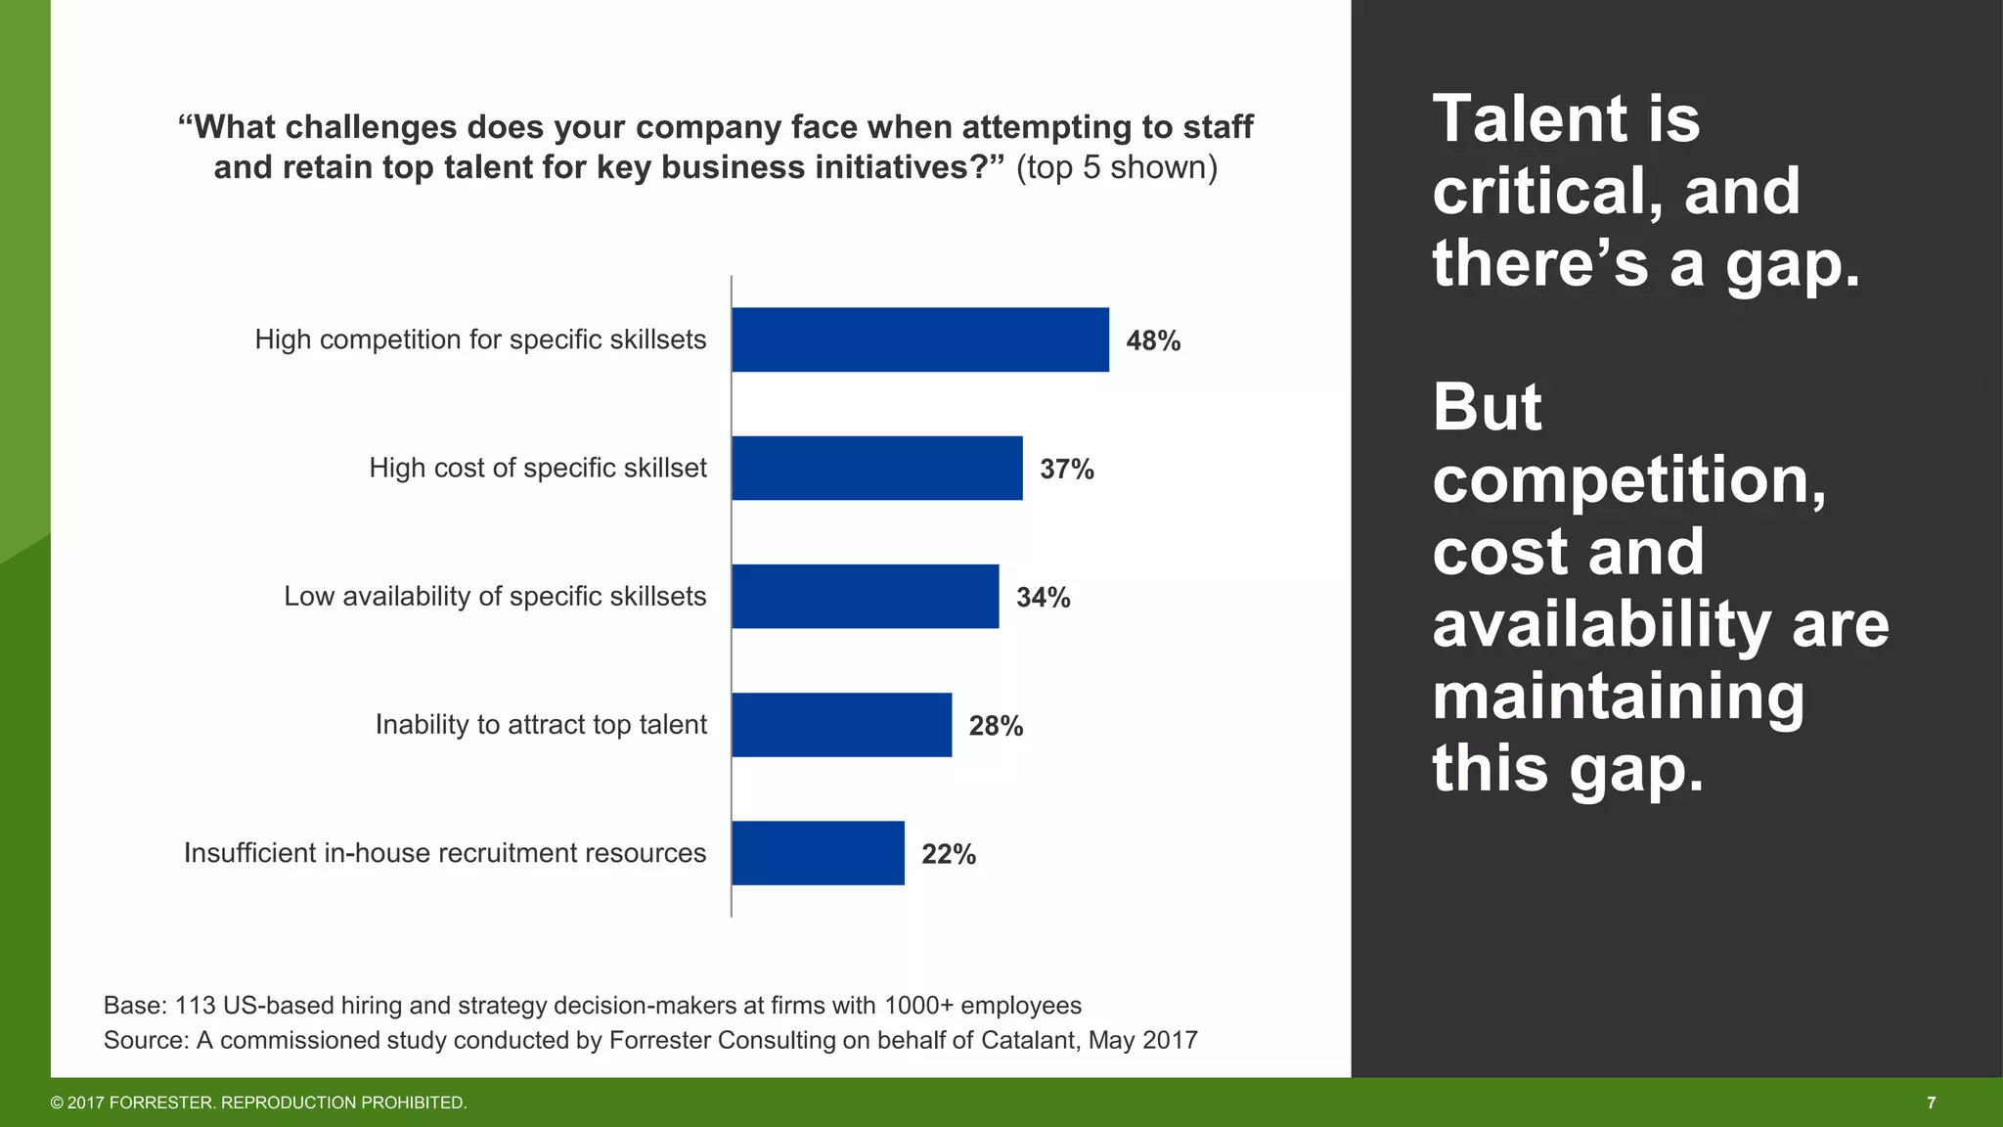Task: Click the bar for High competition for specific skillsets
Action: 919,339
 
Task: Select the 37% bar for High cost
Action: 876,468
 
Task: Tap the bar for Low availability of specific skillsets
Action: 865,596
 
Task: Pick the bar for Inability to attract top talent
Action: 841,725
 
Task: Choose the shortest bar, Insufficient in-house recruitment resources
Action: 818,853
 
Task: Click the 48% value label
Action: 1153,341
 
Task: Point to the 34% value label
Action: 1043,598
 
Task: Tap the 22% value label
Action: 948,855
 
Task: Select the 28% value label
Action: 996,726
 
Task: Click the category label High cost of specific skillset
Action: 537,468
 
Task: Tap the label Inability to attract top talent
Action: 540,725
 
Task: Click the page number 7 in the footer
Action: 1931,1103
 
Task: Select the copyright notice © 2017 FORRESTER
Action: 258,1103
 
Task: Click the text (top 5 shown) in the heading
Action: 1116,167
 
